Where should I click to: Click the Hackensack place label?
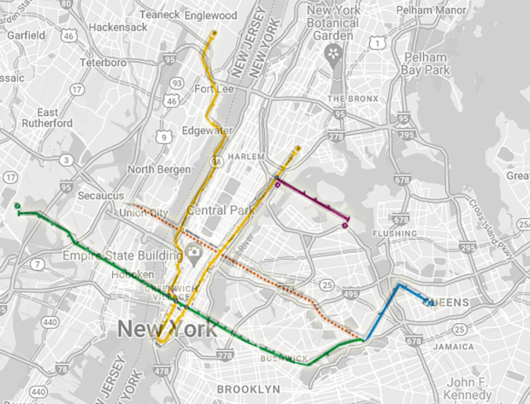point(118,27)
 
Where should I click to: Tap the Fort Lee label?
point(214,89)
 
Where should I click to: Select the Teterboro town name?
point(103,63)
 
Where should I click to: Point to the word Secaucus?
point(101,196)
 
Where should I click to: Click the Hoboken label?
point(132,274)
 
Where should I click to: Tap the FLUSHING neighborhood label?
point(395,233)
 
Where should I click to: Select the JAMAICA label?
point(453,347)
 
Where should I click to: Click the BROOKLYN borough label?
point(248,389)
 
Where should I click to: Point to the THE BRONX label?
point(353,99)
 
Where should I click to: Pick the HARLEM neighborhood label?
point(246,156)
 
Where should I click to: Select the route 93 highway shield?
point(177,83)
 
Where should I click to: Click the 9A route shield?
point(216,162)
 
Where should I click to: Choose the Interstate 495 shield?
point(350,294)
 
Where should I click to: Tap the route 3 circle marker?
point(66,160)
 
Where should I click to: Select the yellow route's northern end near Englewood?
point(214,33)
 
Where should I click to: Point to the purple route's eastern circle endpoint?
point(345,226)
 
